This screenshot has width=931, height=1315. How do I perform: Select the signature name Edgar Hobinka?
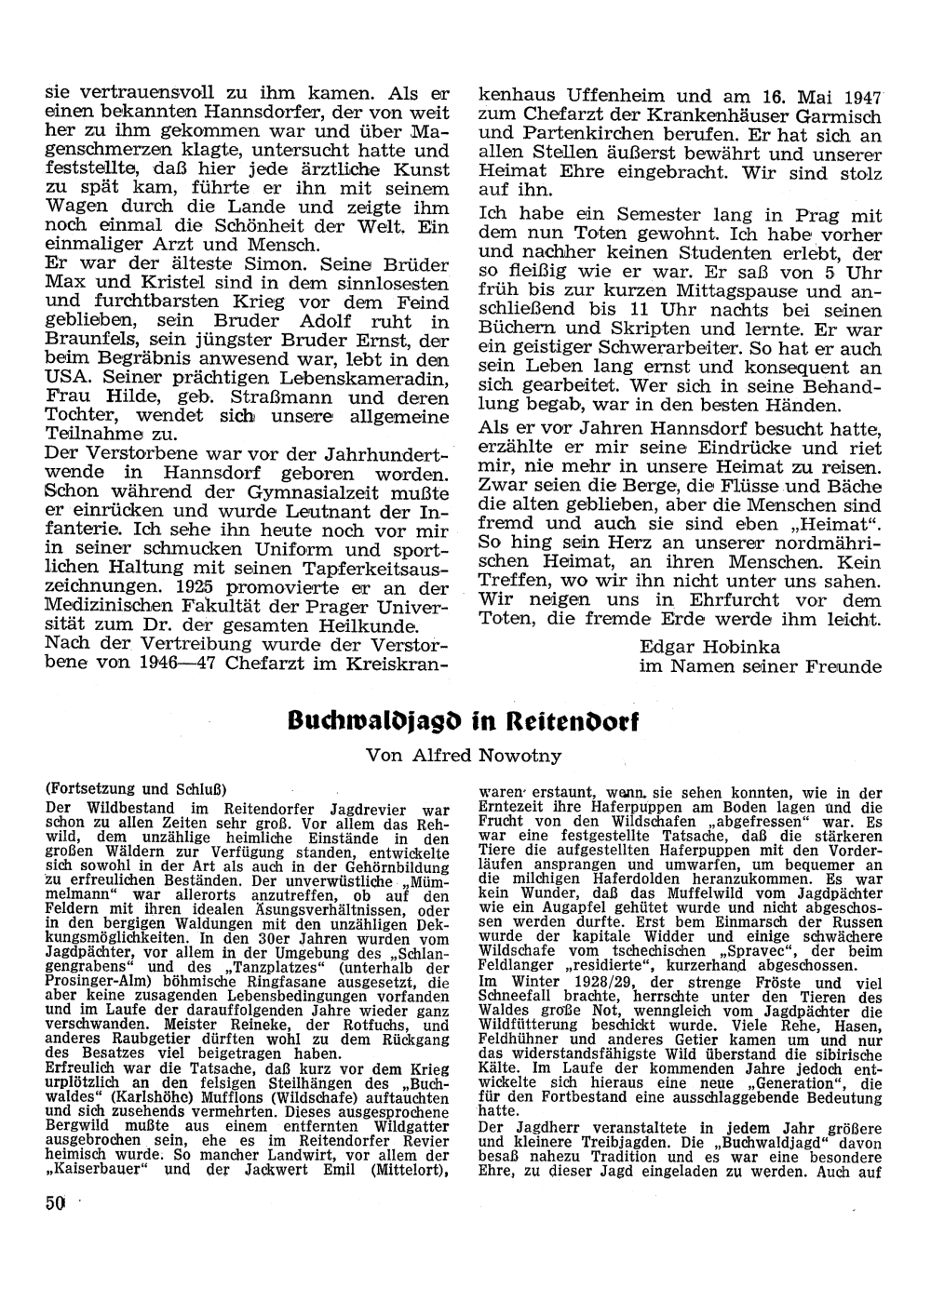pos(709,646)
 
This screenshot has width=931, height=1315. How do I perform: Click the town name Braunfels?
pos(88,341)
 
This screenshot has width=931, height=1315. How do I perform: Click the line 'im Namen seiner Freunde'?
pos(760,666)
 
